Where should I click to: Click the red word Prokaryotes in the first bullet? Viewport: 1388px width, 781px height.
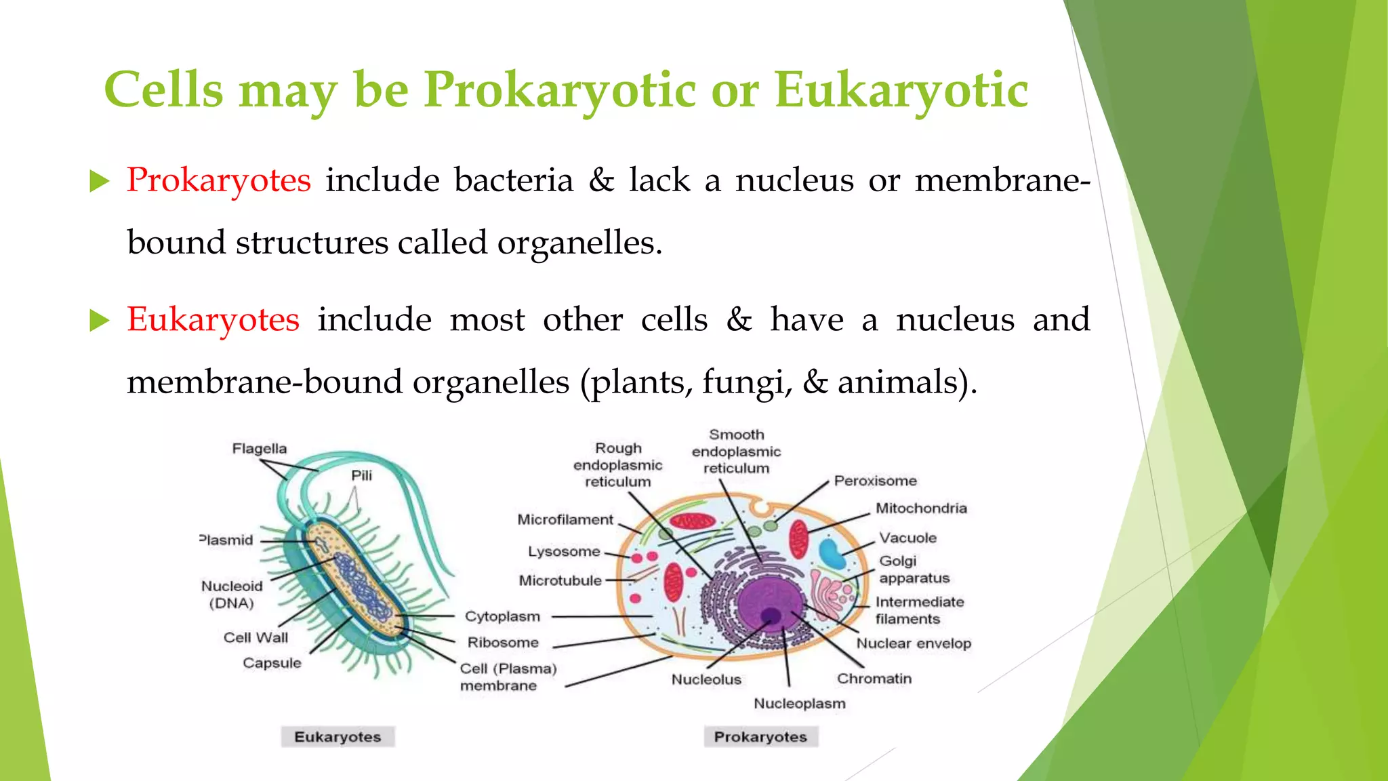click(218, 180)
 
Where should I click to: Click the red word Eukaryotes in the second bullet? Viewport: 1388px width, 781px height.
click(213, 319)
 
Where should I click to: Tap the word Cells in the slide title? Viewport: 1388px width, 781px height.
click(163, 89)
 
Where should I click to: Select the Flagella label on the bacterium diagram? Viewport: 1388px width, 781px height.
click(259, 449)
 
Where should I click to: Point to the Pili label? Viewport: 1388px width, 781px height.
click(361, 475)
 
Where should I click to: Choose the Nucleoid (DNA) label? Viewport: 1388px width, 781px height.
click(232, 595)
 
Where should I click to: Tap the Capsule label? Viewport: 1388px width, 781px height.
click(272, 663)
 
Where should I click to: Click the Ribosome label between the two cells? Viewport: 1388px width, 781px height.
click(503, 643)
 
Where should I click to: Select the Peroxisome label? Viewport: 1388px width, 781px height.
click(875, 481)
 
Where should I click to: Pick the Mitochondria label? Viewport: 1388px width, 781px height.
click(921, 508)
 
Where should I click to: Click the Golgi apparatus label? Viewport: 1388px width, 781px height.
click(914, 569)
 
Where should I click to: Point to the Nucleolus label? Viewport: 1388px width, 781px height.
click(706, 679)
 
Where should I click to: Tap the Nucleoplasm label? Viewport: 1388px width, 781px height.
click(800, 704)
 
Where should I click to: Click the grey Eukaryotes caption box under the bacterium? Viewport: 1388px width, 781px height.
click(338, 737)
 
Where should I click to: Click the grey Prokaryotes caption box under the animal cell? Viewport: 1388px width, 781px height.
click(760, 737)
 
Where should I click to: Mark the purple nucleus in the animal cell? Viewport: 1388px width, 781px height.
click(769, 603)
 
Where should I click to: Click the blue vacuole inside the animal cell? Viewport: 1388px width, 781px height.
click(832, 553)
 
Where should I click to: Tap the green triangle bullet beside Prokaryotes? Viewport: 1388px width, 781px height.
click(99, 181)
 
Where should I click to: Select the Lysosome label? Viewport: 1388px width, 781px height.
click(564, 552)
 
